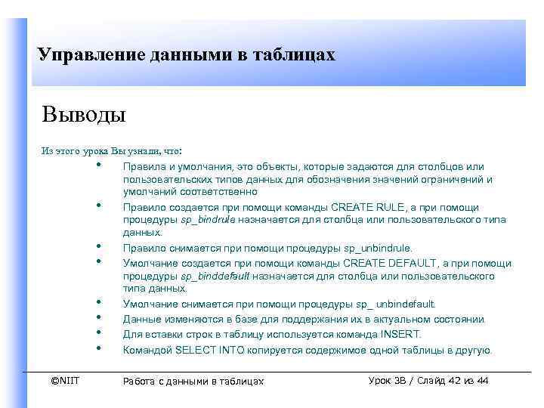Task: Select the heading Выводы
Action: (x=84, y=116)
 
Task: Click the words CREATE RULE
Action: (x=367, y=207)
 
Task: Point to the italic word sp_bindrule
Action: (x=208, y=219)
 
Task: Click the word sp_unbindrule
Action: (x=378, y=247)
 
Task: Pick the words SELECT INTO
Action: (x=206, y=350)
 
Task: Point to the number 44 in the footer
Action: (x=481, y=380)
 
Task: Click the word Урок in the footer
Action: (x=380, y=380)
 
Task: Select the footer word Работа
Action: (x=141, y=381)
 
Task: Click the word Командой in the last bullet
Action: (x=147, y=350)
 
